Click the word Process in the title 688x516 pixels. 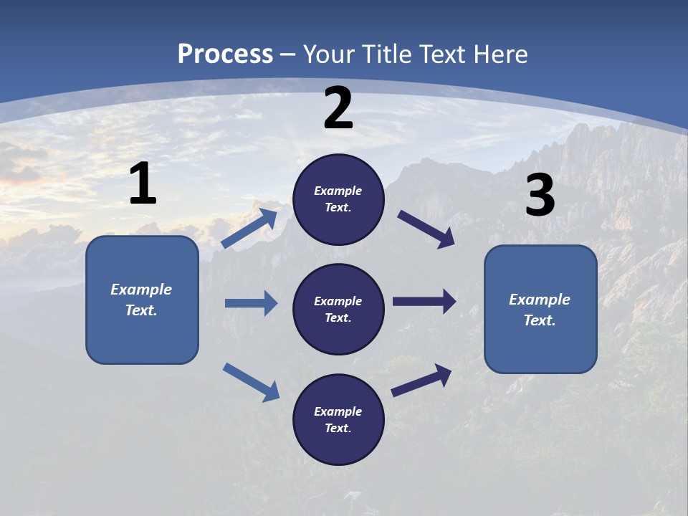click(225, 54)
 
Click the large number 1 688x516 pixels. click(143, 184)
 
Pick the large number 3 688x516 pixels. click(540, 196)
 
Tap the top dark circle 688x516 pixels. click(338, 199)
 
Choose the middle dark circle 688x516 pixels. click(338, 309)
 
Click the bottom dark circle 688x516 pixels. click(338, 419)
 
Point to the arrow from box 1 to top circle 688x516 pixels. click(249, 229)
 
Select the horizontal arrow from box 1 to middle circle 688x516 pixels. click(251, 303)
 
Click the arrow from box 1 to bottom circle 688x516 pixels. click(251, 381)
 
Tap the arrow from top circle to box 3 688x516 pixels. click(426, 229)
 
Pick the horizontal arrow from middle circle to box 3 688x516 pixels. click(424, 302)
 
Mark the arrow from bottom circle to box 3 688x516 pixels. click(421, 380)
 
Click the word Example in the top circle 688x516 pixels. click(338, 191)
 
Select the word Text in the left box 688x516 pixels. click(141, 310)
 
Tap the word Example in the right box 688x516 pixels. click(540, 300)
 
